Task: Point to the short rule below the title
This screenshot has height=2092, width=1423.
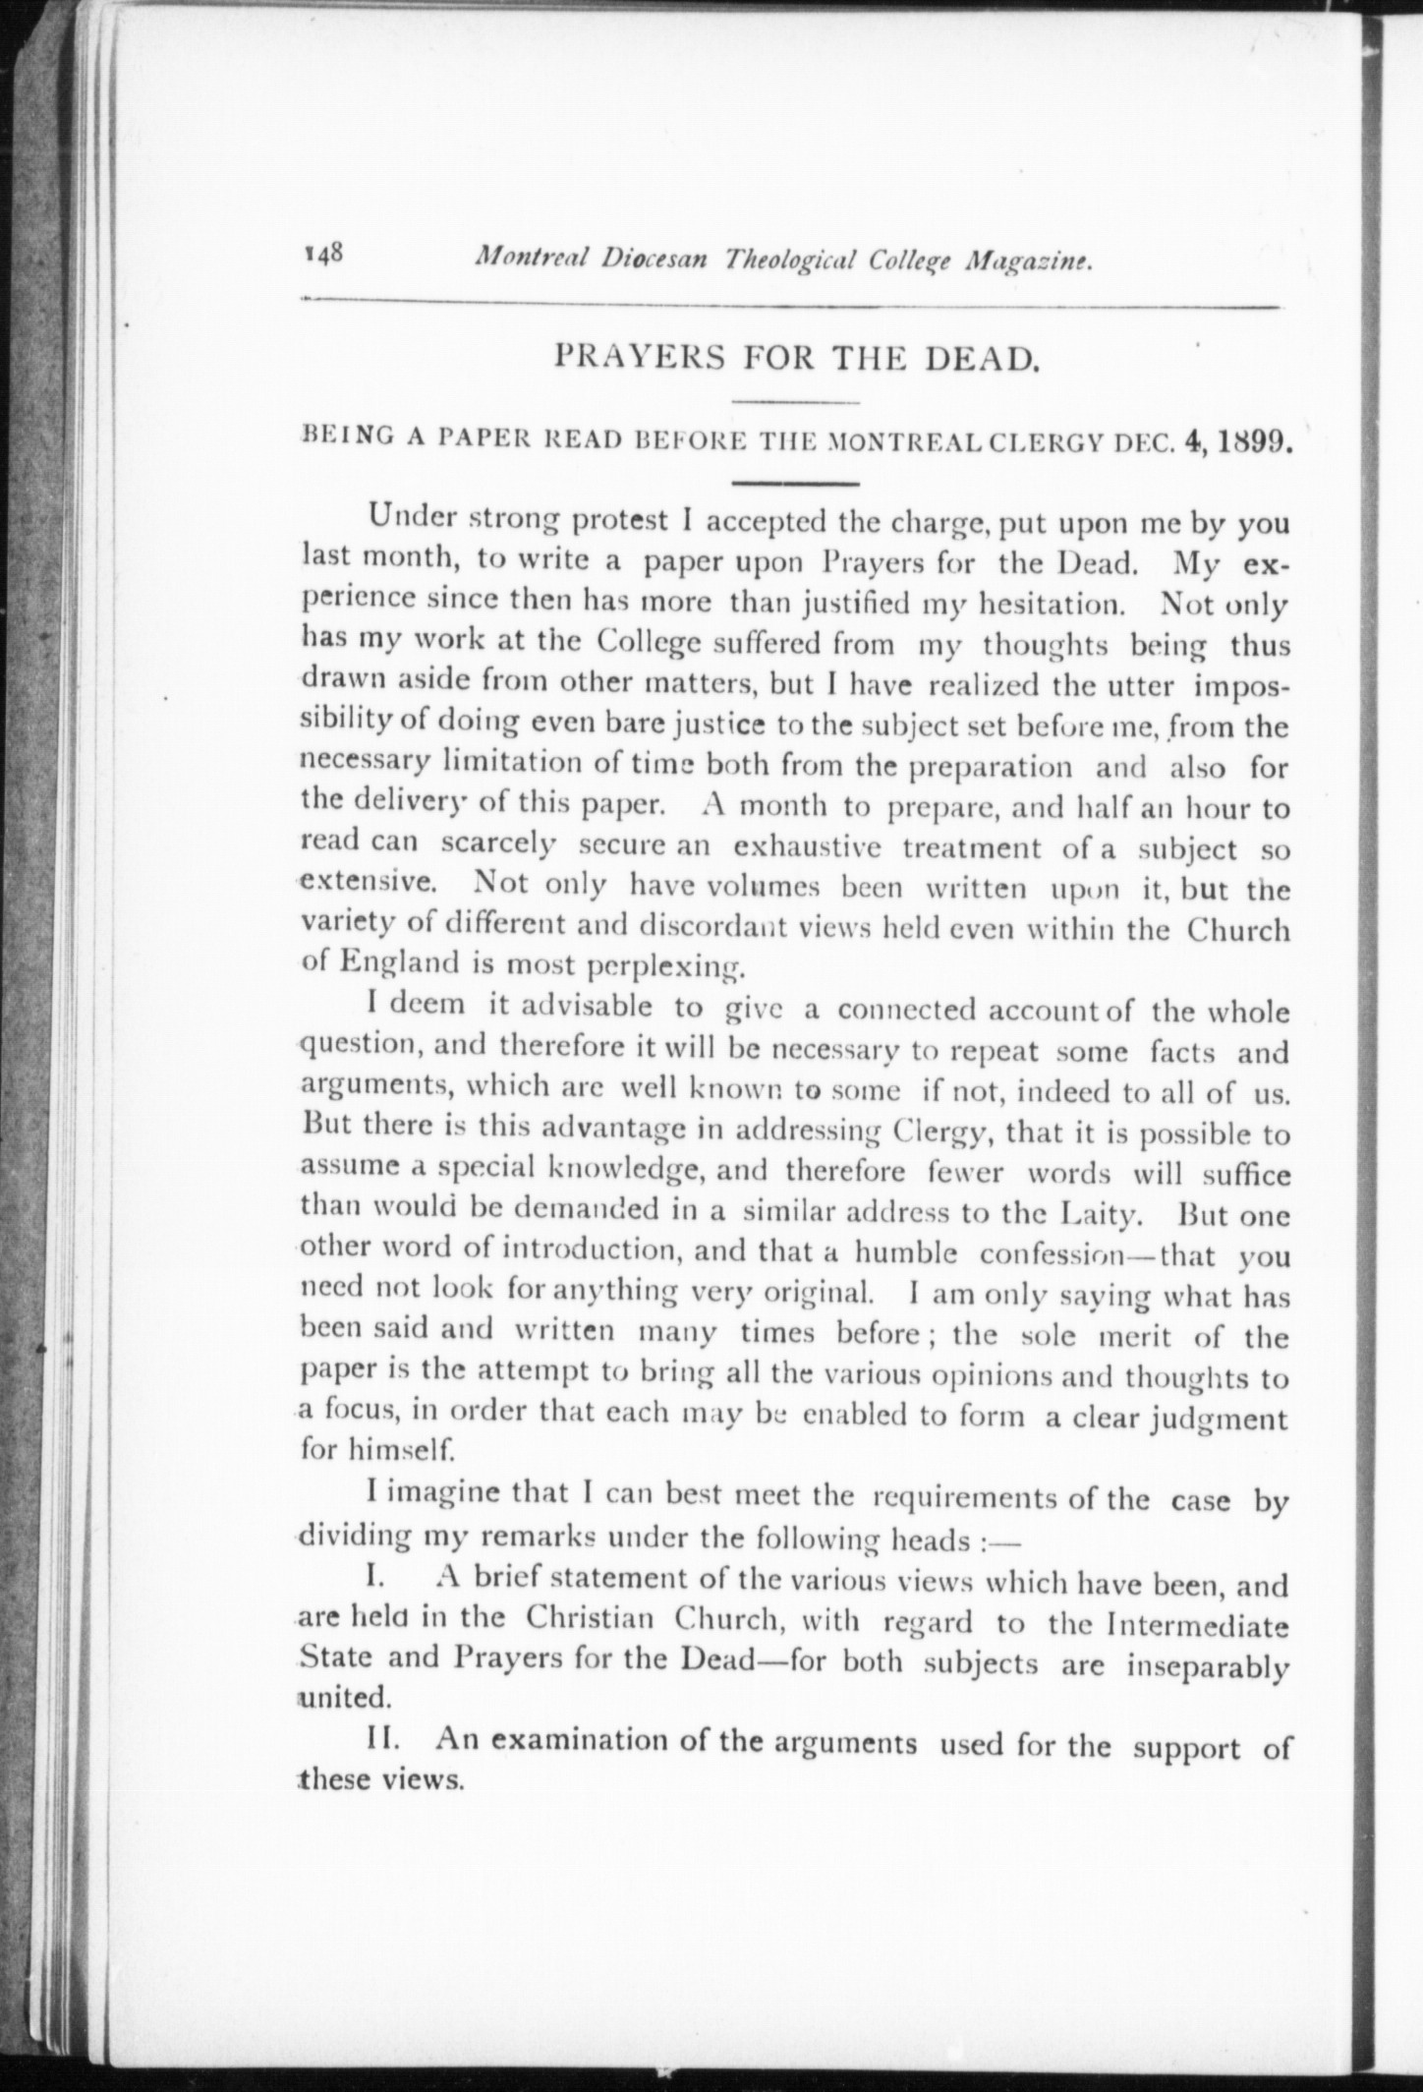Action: click(x=796, y=403)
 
